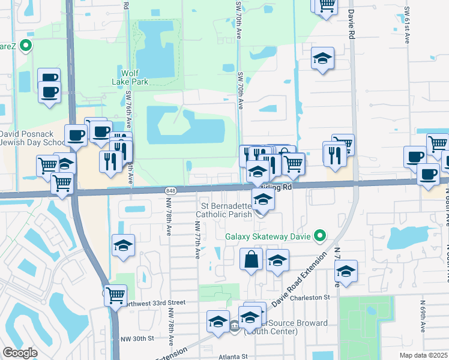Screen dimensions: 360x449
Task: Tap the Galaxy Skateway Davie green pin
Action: point(320,236)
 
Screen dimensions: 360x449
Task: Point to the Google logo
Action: point(20,353)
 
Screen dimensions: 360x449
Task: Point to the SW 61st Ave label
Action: point(406,25)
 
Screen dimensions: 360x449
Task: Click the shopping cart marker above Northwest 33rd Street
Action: point(115,294)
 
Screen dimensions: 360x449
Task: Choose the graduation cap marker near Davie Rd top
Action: point(323,58)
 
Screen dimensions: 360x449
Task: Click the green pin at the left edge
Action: point(25,45)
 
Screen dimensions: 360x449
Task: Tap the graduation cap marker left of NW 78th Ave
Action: point(123,245)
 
